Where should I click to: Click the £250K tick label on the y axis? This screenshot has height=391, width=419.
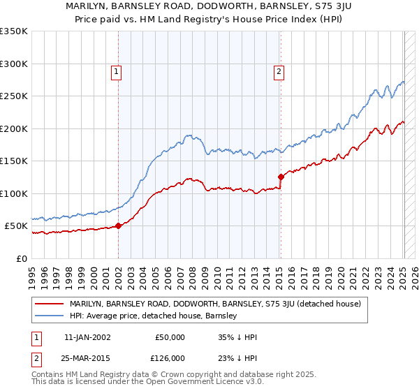(14, 96)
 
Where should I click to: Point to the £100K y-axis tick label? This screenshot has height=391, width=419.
(14, 193)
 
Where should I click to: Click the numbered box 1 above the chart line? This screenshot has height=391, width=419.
(116, 71)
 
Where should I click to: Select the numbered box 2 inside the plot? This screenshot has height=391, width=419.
(279, 71)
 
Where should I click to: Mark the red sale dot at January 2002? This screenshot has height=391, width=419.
(119, 226)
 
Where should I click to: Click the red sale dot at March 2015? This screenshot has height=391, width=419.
(281, 177)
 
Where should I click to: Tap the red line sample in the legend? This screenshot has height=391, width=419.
(50, 304)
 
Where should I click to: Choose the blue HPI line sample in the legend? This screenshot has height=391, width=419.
(50, 316)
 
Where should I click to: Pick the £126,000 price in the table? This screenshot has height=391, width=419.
(170, 357)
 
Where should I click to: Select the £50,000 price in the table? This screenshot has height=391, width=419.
(170, 337)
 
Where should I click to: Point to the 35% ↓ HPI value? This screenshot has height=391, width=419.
(237, 337)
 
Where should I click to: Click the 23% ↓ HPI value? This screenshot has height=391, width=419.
(237, 357)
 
